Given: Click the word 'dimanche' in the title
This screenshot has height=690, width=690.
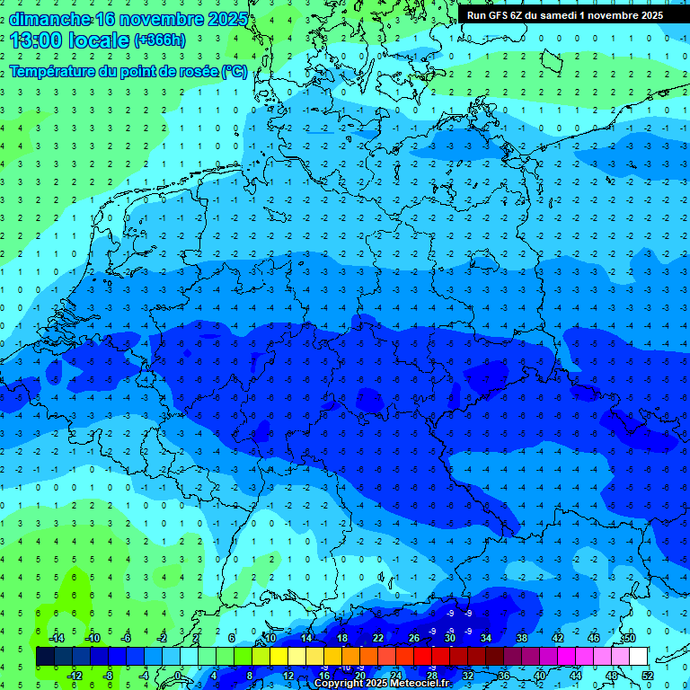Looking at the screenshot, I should [x=49, y=18].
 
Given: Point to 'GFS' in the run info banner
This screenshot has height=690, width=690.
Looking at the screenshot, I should [x=500, y=15].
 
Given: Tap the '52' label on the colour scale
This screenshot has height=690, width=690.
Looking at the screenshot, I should [x=648, y=675].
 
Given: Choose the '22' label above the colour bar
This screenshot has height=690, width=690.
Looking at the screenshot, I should [x=378, y=638].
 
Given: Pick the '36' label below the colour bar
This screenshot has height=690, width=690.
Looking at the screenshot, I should [x=504, y=675].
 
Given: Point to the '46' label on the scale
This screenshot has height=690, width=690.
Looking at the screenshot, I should [x=593, y=638].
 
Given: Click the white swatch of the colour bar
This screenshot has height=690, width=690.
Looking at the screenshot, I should [x=639, y=657].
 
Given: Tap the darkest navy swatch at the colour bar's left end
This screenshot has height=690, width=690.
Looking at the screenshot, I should [x=45, y=657].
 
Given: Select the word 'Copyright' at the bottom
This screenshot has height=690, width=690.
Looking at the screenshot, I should [x=339, y=684].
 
